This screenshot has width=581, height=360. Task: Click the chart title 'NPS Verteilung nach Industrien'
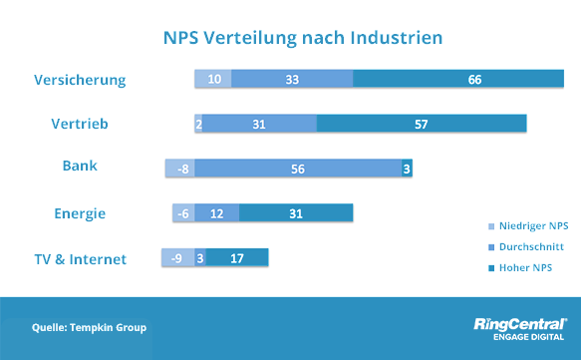click(303, 37)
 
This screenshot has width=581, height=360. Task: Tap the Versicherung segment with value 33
click(292, 79)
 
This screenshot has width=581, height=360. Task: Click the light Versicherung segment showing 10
click(213, 79)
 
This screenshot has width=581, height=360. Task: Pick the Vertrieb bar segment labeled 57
click(422, 124)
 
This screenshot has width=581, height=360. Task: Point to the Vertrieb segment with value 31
click(259, 124)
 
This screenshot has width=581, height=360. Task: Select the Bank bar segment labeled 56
click(298, 170)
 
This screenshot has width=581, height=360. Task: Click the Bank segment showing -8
click(180, 170)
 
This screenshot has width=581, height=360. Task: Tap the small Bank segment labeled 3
click(407, 170)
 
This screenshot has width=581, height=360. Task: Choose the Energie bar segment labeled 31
click(296, 213)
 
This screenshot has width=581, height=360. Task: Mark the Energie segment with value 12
click(217, 213)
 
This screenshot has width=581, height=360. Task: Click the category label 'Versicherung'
click(81, 80)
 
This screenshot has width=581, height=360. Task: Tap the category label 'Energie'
click(80, 213)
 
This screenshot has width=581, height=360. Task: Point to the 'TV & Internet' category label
click(80, 259)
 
